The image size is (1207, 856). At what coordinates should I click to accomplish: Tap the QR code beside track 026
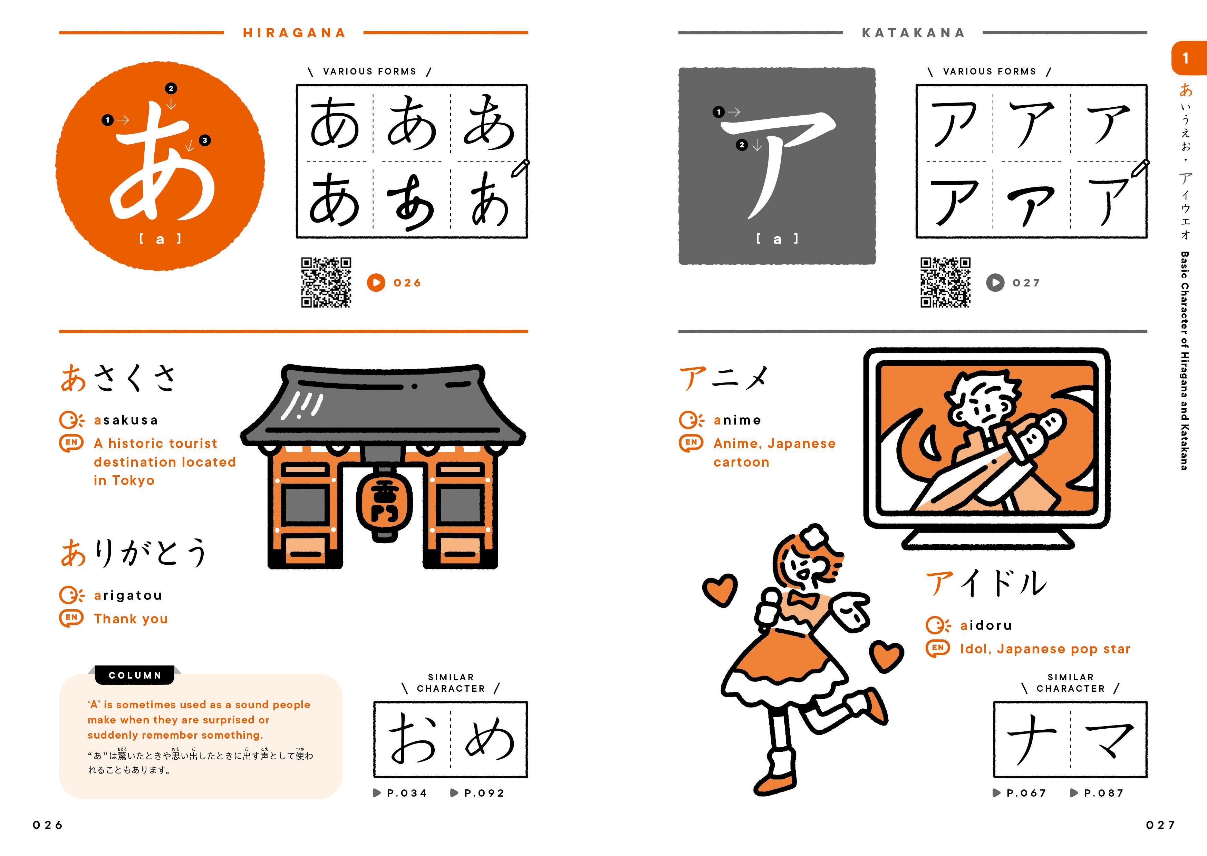326,283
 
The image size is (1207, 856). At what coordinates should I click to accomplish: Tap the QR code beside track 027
946,283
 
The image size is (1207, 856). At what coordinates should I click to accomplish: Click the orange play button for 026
376,283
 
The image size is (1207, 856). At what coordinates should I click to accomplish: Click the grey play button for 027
995,283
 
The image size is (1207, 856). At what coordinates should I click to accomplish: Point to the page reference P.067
1020,793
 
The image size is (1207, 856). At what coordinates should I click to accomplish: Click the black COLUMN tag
135,675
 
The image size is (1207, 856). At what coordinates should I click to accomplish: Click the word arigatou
128,596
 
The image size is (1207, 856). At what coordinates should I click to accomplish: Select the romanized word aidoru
986,626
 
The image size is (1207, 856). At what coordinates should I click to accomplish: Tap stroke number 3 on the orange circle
204,140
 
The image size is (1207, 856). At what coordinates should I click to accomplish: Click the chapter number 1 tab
1186,58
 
